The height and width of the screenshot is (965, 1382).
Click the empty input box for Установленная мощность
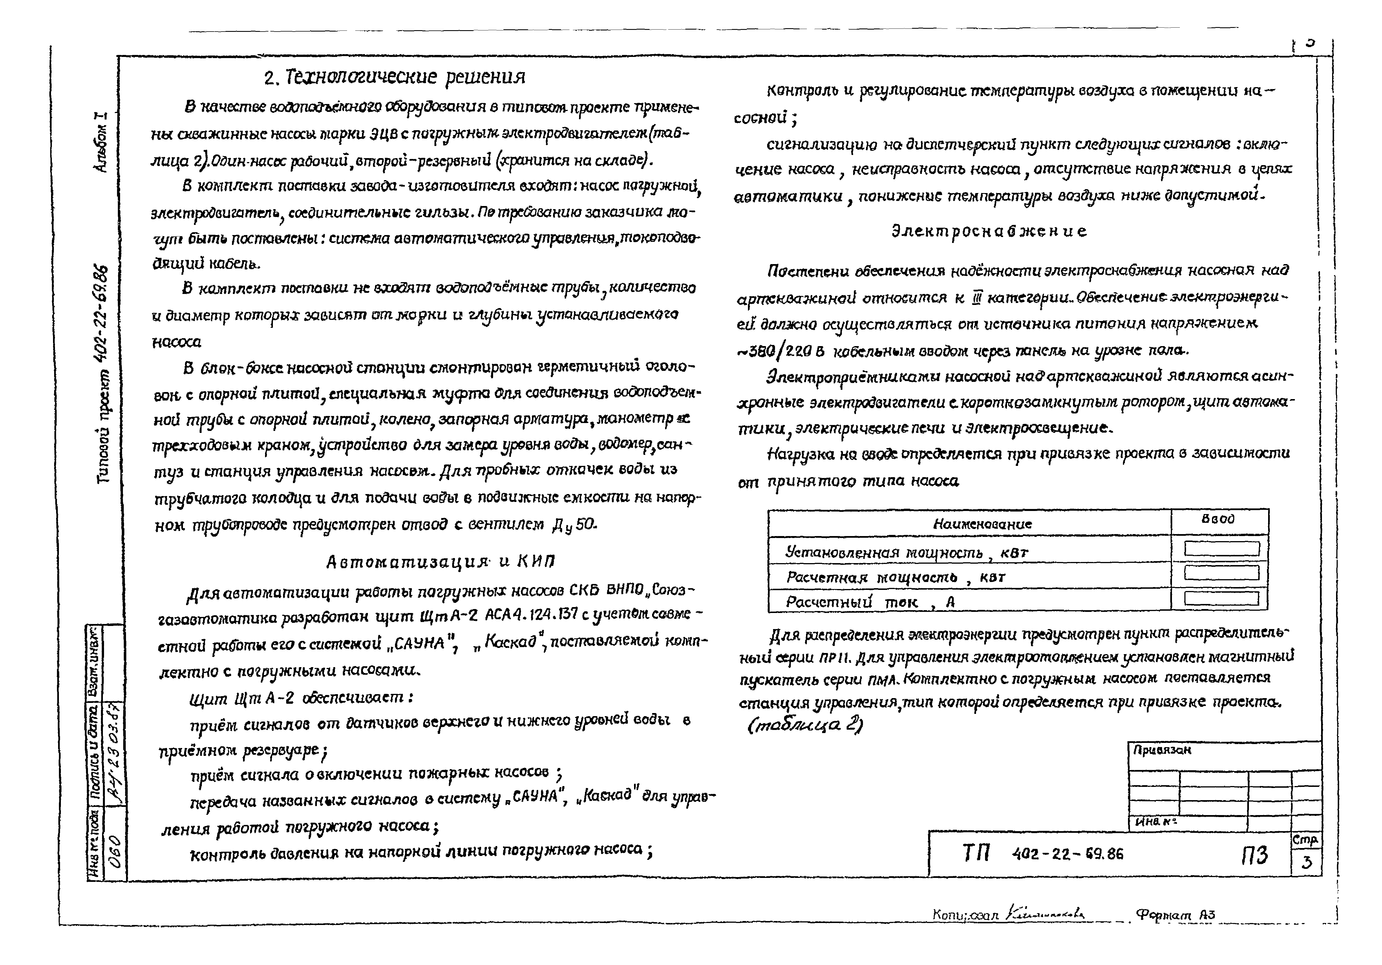[1221, 549]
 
